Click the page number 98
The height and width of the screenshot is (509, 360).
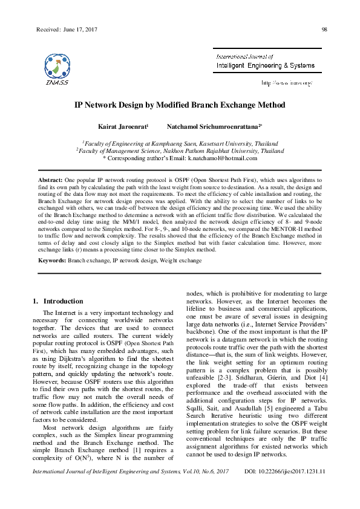point(324,30)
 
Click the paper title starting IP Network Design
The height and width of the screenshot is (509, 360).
point(179,105)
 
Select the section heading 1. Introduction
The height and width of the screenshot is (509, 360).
point(57,301)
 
